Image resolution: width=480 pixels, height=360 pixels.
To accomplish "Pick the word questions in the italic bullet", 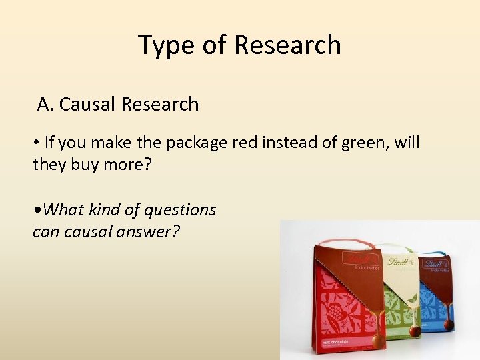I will pos(181,210).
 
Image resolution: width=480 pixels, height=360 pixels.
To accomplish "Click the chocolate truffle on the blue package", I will pos(448,325).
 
